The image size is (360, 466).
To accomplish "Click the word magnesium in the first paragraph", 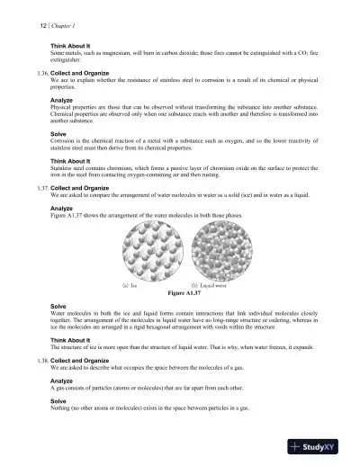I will click(x=118, y=51).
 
